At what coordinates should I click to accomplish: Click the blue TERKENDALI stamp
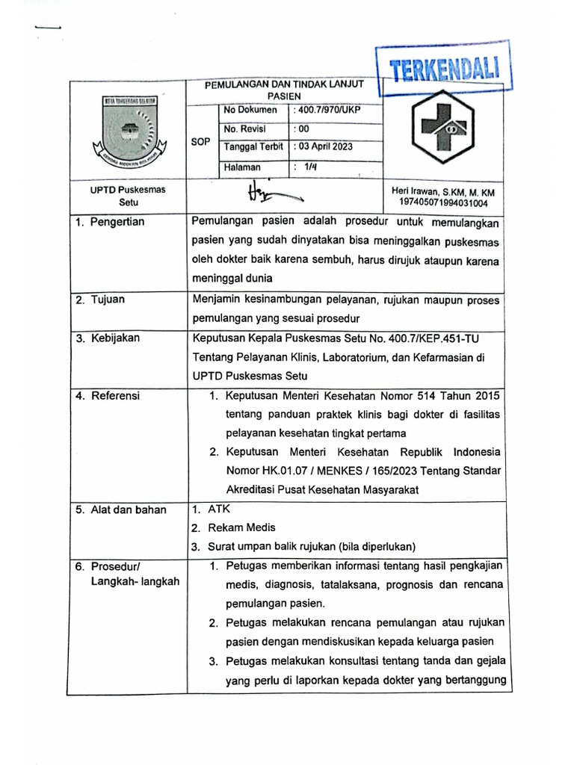445,71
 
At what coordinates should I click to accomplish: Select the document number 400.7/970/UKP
329,111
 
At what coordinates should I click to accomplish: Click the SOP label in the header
201,141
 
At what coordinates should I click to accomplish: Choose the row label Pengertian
117,222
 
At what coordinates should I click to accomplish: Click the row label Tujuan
108,300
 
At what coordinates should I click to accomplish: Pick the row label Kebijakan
114,338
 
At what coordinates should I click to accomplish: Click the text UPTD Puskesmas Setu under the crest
123,196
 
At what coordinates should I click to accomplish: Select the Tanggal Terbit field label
253,146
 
